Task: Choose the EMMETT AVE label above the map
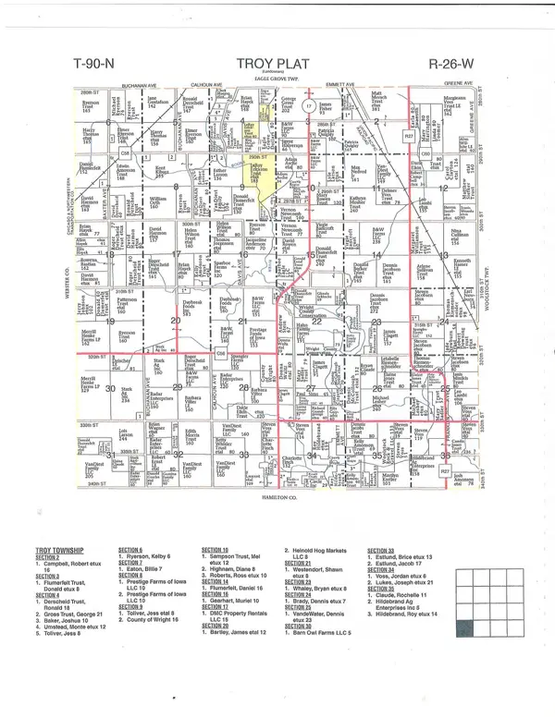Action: pyautogui.click(x=345, y=85)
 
